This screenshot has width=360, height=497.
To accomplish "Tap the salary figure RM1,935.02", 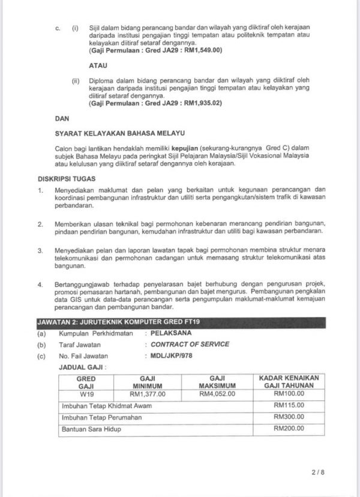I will pos(202,104).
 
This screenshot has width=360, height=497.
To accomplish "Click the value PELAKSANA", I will pos(174,331).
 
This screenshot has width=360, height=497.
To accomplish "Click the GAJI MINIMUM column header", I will pos(148,381).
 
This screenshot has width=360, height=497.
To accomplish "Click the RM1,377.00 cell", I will pos(148,394).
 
